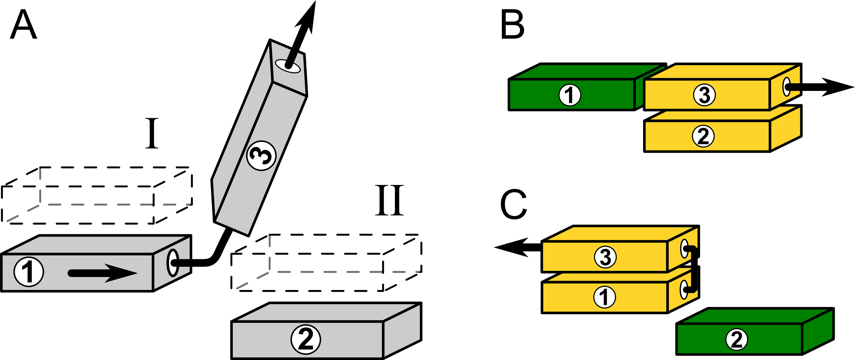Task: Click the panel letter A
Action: (x=23, y=25)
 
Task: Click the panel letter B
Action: (x=512, y=25)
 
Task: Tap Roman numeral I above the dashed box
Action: (x=152, y=134)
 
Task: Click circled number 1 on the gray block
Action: (x=29, y=272)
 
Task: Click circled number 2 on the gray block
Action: (x=305, y=339)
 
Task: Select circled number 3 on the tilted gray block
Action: (x=261, y=156)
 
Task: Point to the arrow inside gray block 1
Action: (x=103, y=273)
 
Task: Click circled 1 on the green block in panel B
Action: (x=570, y=95)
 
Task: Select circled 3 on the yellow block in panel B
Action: (x=704, y=95)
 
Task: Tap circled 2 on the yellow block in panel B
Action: (x=703, y=136)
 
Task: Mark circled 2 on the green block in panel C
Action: (x=737, y=339)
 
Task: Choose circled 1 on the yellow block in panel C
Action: (x=605, y=297)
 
